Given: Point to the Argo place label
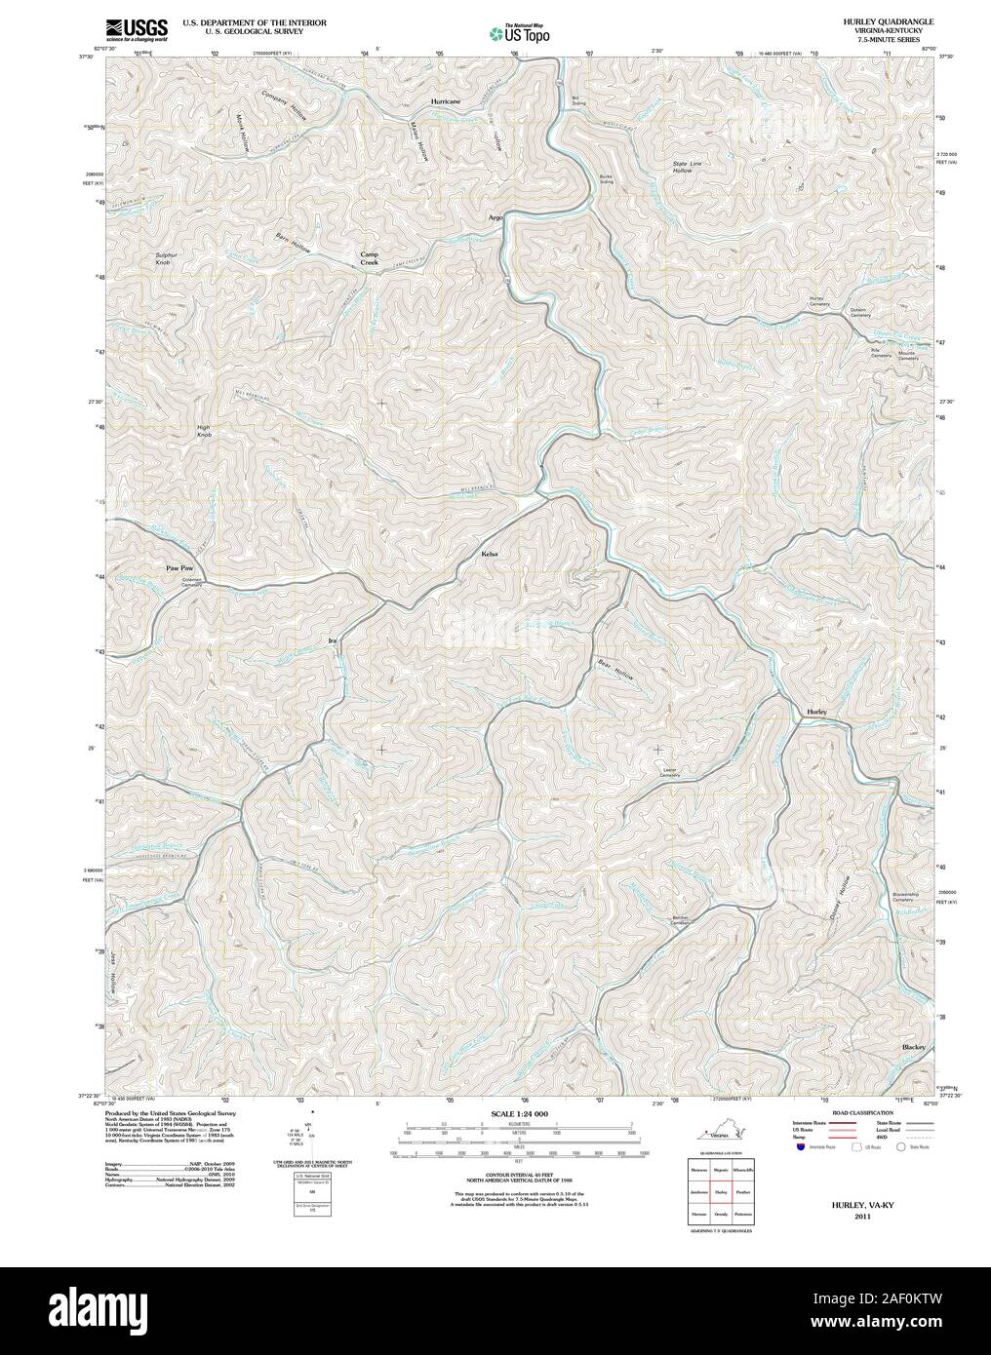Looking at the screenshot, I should (495, 217).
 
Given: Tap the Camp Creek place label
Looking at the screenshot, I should (369, 258).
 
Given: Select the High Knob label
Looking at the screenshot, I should (204, 431).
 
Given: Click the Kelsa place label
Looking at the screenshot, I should (490, 554).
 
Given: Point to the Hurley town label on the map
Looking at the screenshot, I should (816, 714).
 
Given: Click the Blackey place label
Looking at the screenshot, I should (913, 1047).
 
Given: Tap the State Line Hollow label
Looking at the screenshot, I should (688, 167).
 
